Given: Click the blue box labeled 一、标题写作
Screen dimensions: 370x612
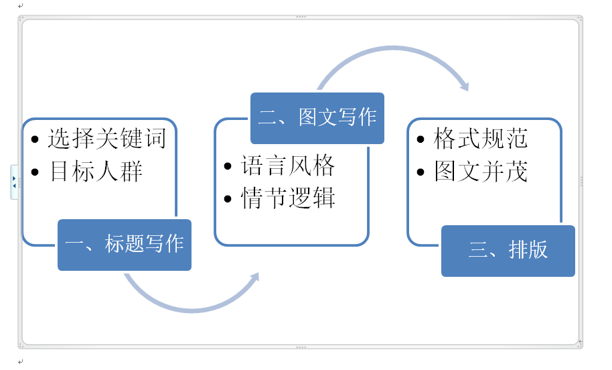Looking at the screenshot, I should (125, 245).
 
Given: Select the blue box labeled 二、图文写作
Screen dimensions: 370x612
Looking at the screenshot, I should (317, 117).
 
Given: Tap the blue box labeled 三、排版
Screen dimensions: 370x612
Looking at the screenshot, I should (508, 250).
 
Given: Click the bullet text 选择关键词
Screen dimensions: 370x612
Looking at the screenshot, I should (106, 139).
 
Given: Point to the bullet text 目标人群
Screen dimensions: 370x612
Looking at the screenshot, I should (96, 172).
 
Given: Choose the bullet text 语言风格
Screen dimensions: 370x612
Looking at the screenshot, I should (288, 165).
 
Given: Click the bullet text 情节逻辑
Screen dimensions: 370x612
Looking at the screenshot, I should (288, 198).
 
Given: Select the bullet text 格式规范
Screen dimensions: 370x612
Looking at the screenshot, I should (481, 139).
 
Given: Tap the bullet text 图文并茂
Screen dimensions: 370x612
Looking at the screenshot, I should (481, 172).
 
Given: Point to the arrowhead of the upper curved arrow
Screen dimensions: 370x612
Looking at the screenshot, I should (463, 85).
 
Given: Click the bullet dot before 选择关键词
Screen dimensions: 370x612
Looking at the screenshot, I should (35, 140).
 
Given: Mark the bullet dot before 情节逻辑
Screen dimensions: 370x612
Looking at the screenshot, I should (228, 199).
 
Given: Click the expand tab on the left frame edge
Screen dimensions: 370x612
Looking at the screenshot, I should (14, 182).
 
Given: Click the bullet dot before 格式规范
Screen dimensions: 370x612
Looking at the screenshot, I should (420, 140).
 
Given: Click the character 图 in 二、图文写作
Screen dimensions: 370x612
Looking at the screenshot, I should (308, 117).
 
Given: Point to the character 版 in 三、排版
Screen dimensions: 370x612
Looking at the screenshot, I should (538, 250).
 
